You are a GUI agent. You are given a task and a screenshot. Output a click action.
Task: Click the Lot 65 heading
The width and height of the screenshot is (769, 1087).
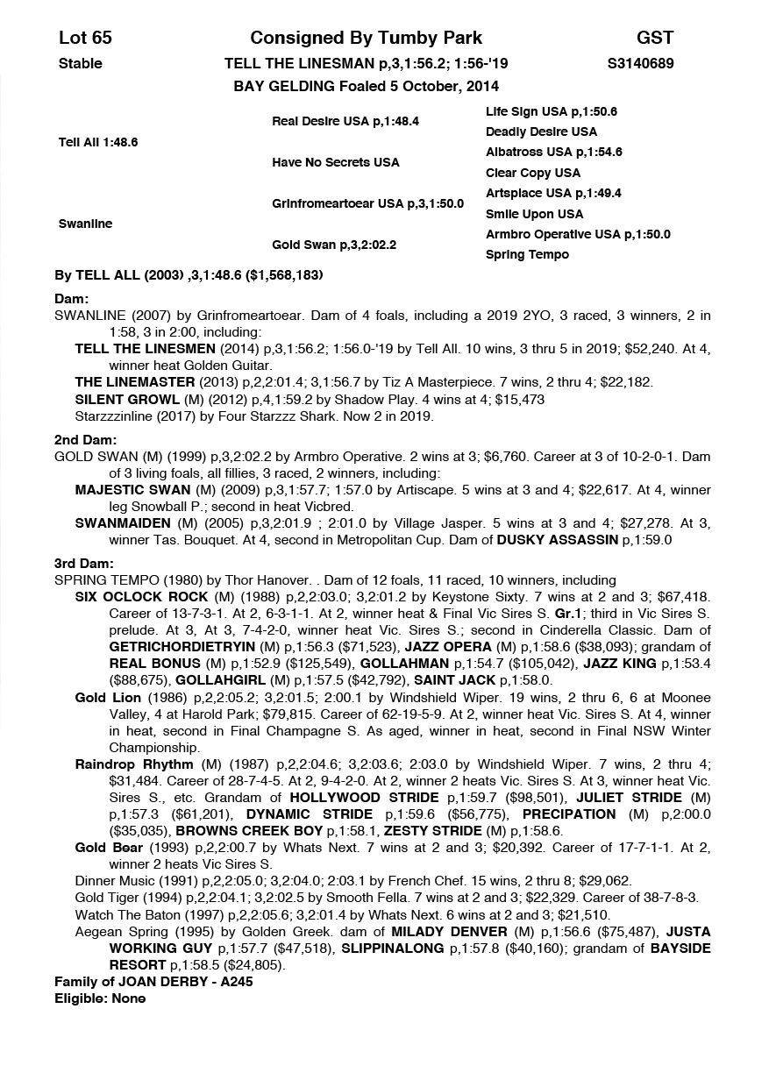tap(85, 38)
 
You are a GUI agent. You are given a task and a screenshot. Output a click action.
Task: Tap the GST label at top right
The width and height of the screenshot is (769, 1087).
tap(654, 38)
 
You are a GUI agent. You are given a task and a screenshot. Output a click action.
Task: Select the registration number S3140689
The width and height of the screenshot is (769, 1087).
tap(640, 63)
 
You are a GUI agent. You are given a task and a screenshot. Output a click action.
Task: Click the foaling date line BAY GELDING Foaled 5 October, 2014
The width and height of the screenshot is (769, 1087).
tap(366, 86)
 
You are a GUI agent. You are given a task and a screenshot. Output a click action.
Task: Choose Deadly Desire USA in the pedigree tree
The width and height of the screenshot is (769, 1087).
tap(541, 131)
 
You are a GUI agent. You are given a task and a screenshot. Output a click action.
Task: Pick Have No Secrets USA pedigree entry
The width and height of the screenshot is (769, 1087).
tap(335, 162)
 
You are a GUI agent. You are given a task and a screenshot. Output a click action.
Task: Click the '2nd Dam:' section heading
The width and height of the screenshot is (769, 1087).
tap(85, 440)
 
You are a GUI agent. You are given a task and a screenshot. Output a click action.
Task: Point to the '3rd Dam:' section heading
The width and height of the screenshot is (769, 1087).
tap(84, 564)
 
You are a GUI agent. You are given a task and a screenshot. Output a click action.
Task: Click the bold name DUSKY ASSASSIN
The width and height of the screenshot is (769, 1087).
tap(558, 540)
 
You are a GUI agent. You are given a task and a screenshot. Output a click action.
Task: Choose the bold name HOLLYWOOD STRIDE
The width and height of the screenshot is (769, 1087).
tap(364, 798)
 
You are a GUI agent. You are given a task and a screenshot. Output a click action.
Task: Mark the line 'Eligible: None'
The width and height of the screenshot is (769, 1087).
tap(100, 998)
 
